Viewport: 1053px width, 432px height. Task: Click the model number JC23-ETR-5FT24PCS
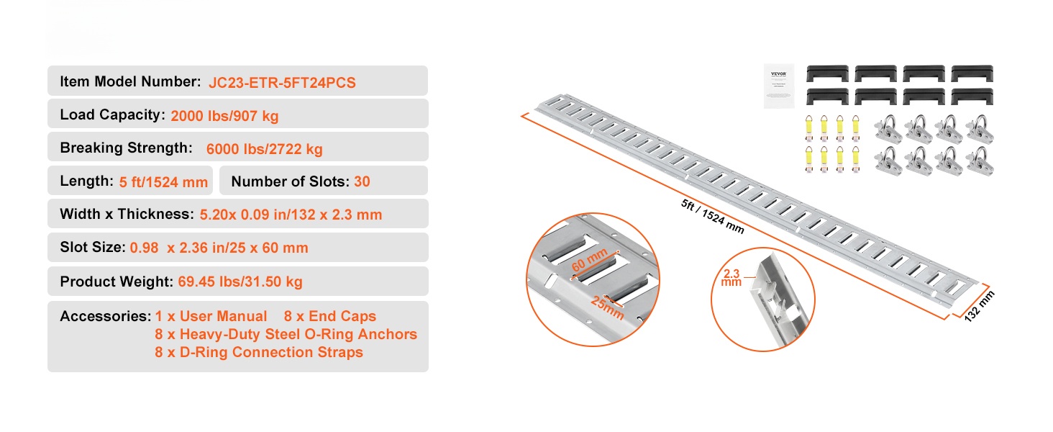pyautogui.click(x=282, y=83)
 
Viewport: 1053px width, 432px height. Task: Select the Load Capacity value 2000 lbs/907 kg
pyautogui.click(x=224, y=116)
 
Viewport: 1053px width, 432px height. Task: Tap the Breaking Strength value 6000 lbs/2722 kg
pyautogui.click(x=264, y=149)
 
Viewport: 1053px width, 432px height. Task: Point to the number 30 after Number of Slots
pyautogui.click(x=362, y=181)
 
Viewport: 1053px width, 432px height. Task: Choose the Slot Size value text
pyautogui.click(x=219, y=248)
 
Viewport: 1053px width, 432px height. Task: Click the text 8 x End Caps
pyautogui.click(x=330, y=316)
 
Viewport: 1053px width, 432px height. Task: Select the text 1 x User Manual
pyautogui.click(x=211, y=316)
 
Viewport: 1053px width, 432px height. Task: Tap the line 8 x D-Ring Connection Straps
pyautogui.click(x=259, y=352)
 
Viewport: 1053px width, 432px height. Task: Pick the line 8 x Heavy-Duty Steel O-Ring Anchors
pyautogui.click(x=286, y=334)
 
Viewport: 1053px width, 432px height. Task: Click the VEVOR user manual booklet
pyautogui.click(x=779, y=86)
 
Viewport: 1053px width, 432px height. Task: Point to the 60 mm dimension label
pyautogui.click(x=590, y=260)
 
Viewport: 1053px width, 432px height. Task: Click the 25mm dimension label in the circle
pyautogui.click(x=607, y=307)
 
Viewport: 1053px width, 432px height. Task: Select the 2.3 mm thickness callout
pyautogui.click(x=731, y=278)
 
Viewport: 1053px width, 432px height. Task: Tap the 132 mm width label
pyautogui.click(x=979, y=306)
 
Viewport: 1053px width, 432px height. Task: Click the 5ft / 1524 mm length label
pyautogui.click(x=713, y=217)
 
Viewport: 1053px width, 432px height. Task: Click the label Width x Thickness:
pyautogui.click(x=127, y=214)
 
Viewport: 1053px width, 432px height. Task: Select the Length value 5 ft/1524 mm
pyautogui.click(x=163, y=182)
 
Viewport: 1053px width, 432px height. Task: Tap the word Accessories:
pyautogui.click(x=106, y=316)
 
